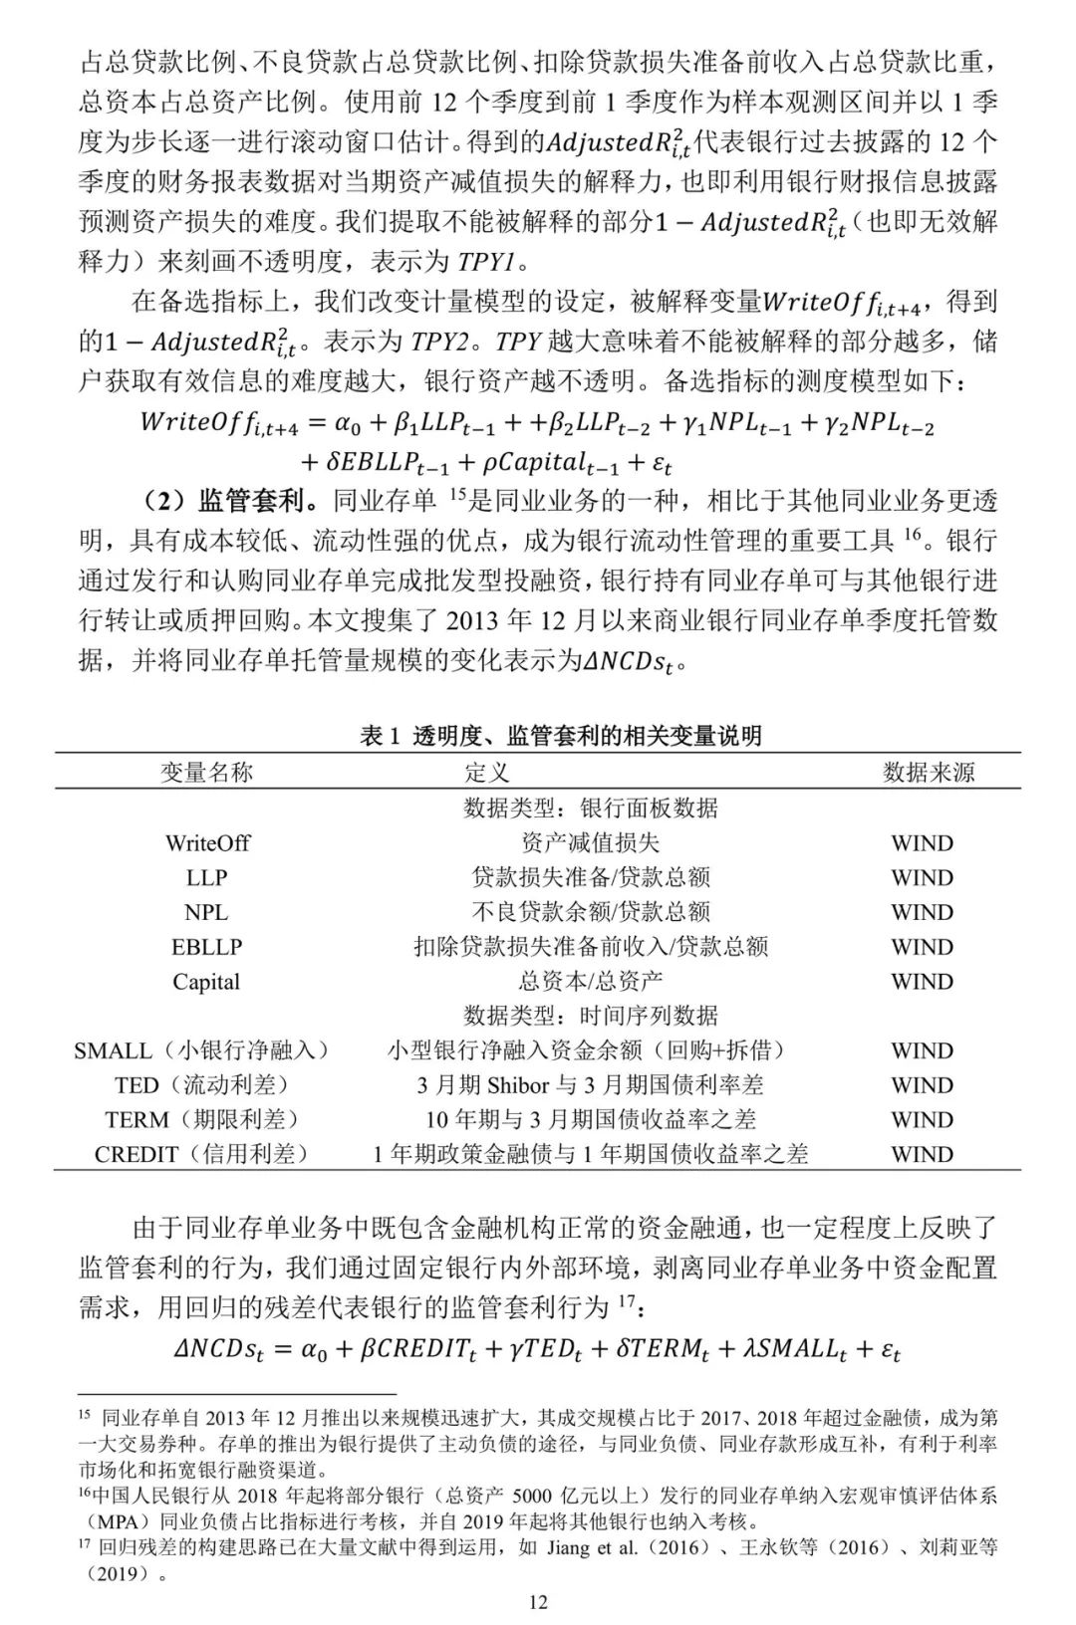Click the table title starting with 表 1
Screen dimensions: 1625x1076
tap(561, 736)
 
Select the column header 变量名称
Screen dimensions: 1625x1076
tap(206, 772)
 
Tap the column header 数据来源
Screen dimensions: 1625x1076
tap(929, 772)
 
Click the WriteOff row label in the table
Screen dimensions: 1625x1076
tap(207, 843)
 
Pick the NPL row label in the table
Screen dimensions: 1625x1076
tap(206, 912)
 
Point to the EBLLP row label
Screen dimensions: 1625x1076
tap(206, 947)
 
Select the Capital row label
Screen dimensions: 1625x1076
tap(206, 982)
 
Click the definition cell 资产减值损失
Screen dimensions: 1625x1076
tap(590, 843)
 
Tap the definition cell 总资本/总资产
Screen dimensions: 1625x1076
tap(590, 982)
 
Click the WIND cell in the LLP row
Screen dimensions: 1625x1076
tap(922, 878)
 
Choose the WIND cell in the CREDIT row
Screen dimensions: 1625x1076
tap(922, 1155)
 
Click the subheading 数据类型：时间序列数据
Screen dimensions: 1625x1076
tap(590, 1016)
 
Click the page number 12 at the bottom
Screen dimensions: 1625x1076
tap(538, 1601)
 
